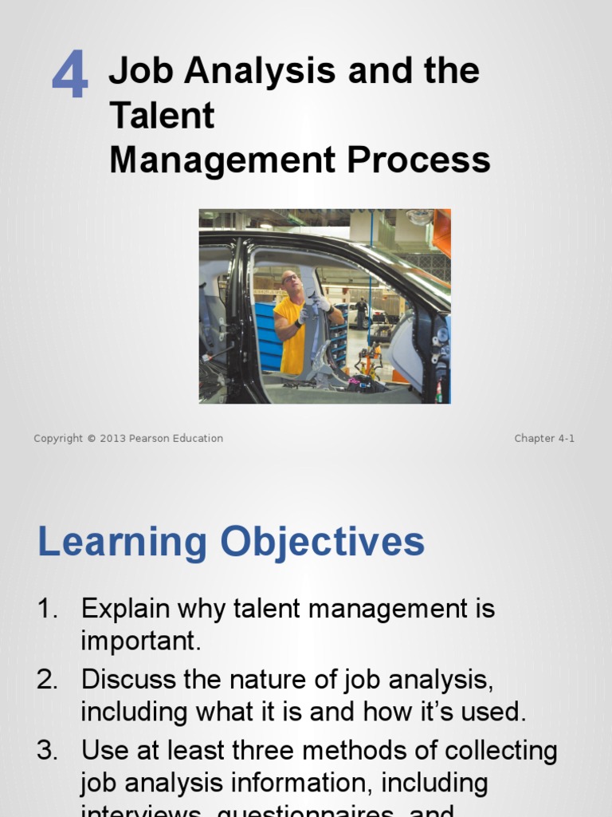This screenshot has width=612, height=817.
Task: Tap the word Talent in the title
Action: [x=162, y=115]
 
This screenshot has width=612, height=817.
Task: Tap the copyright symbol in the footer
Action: [x=92, y=438]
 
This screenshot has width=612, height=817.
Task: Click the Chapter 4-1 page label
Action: [x=544, y=438]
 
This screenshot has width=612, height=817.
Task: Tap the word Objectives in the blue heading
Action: [x=323, y=543]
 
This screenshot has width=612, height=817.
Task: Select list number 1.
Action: [x=47, y=609]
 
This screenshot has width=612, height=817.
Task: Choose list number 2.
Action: [x=47, y=680]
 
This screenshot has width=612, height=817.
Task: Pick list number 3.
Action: [x=47, y=751]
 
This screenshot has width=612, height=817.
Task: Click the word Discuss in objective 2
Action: [x=124, y=680]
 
